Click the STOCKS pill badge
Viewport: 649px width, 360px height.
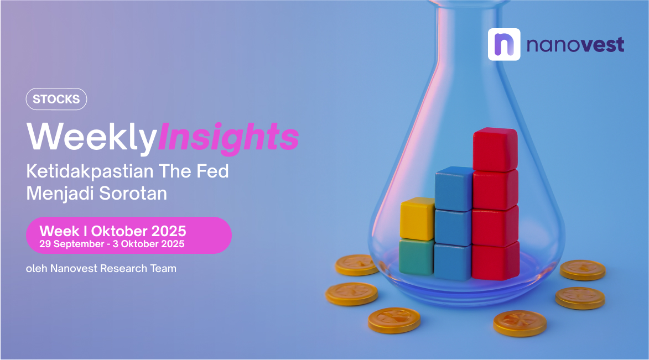[x=56, y=100]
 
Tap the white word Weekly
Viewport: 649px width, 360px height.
[x=91, y=137]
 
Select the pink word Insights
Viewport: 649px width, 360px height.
[x=229, y=137]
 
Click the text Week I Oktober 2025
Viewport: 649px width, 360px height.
[x=112, y=231]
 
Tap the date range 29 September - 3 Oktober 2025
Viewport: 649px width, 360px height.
[x=112, y=244]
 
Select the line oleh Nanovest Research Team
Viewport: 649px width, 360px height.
[x=101, y=269]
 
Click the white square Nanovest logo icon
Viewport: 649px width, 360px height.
[x=504, y=45]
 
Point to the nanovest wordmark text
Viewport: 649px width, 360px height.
[x=575, y=45]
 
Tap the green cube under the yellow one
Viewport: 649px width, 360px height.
[x=417, y=257]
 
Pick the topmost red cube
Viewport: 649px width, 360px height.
[x=495, y=149]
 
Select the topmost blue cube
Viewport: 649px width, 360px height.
[x=454, y=189]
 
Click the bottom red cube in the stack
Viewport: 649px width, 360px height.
[x=495, y=261]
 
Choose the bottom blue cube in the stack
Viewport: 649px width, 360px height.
[x=453, y=262]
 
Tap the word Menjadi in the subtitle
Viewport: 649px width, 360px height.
[x=60, y=194]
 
